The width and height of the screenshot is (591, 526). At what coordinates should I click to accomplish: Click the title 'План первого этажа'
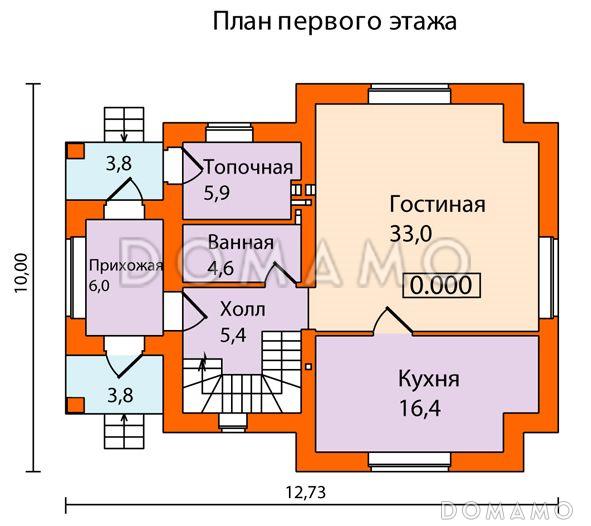tap(334, 22)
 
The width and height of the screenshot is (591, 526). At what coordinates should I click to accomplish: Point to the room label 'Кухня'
tap(428, 380)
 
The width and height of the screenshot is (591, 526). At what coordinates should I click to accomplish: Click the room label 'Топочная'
tap(248, 167)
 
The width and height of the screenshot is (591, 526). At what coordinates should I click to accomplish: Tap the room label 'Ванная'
tap(241, 242)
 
